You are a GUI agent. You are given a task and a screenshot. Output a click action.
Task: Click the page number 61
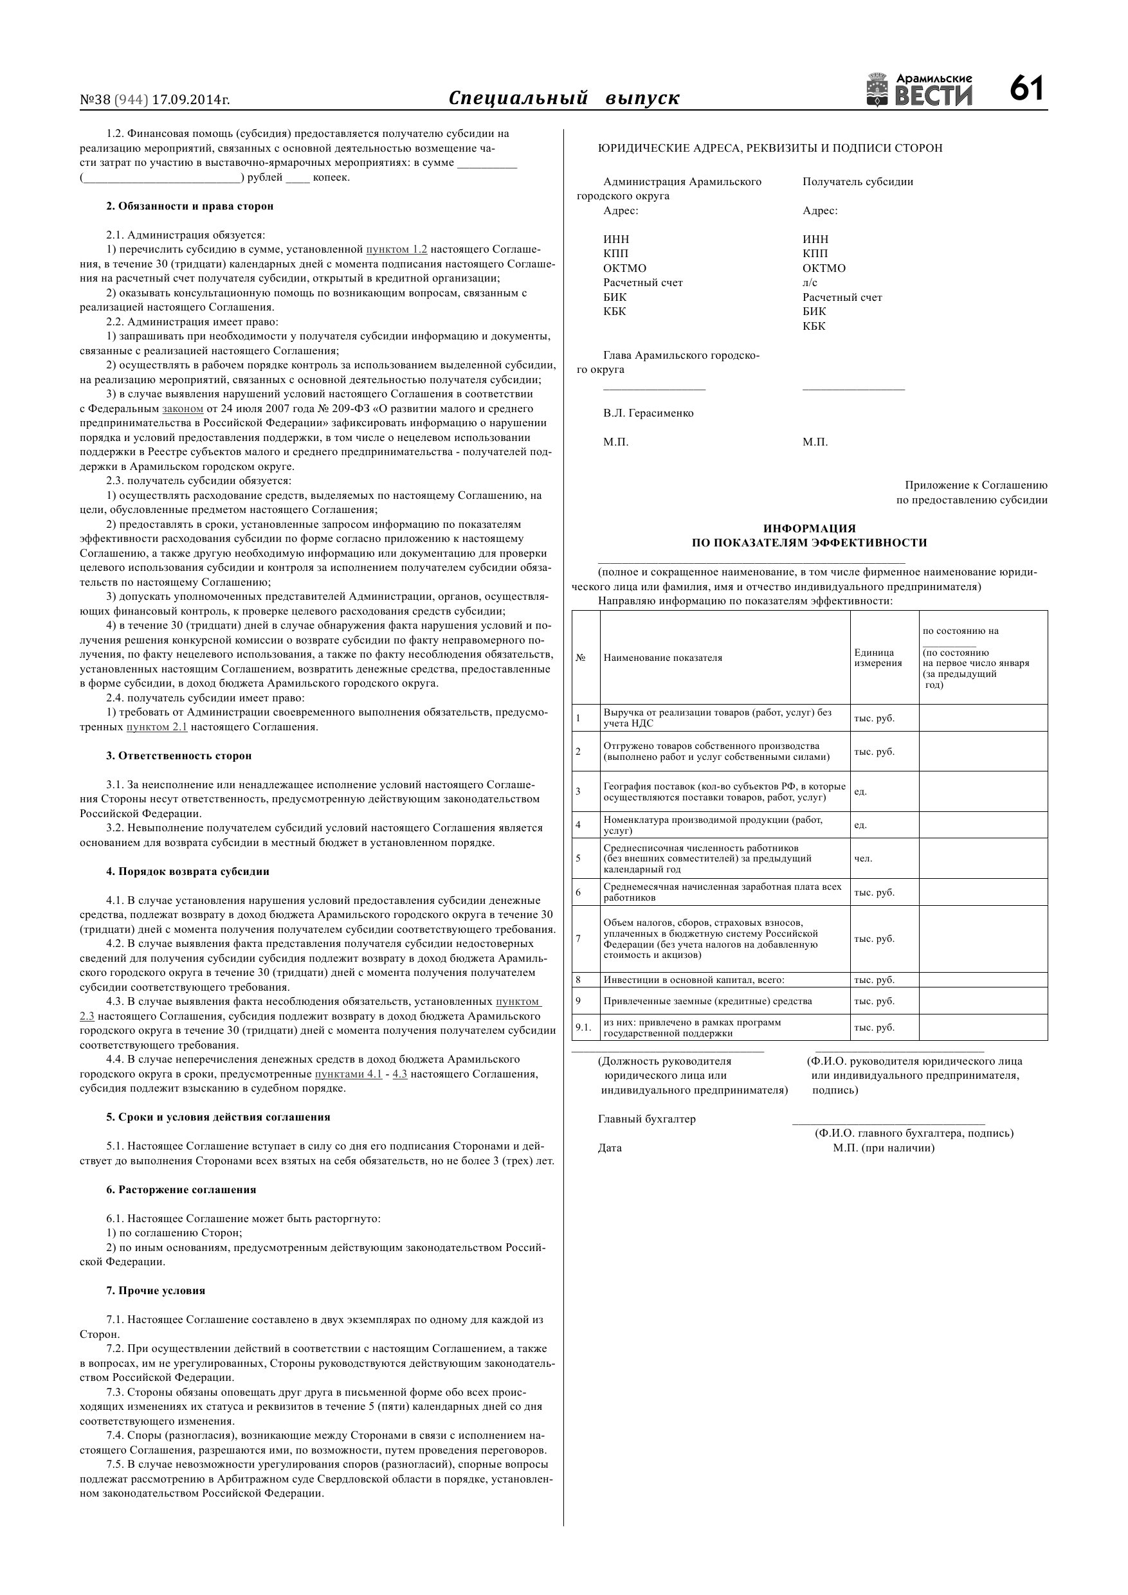coord(1026,89)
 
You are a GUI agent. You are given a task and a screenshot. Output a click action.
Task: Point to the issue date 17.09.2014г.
coord(190,100)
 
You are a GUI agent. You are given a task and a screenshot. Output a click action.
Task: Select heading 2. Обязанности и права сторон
coord(190,206)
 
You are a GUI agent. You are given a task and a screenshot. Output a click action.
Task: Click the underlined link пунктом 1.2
coord(396,249)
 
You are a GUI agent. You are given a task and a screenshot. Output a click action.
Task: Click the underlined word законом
coord(182,408)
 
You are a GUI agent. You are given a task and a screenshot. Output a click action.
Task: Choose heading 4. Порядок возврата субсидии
coord(188,871)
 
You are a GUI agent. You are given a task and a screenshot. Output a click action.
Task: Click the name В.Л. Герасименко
coord(648,413)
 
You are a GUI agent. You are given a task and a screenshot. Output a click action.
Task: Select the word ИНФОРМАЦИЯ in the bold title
coord(809,528)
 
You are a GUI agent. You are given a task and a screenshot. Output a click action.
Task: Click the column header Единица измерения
coord(878,657)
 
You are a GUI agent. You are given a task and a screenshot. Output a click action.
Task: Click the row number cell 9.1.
coord(583,1027)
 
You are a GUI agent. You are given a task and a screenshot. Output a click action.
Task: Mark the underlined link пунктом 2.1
coord(156,727)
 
